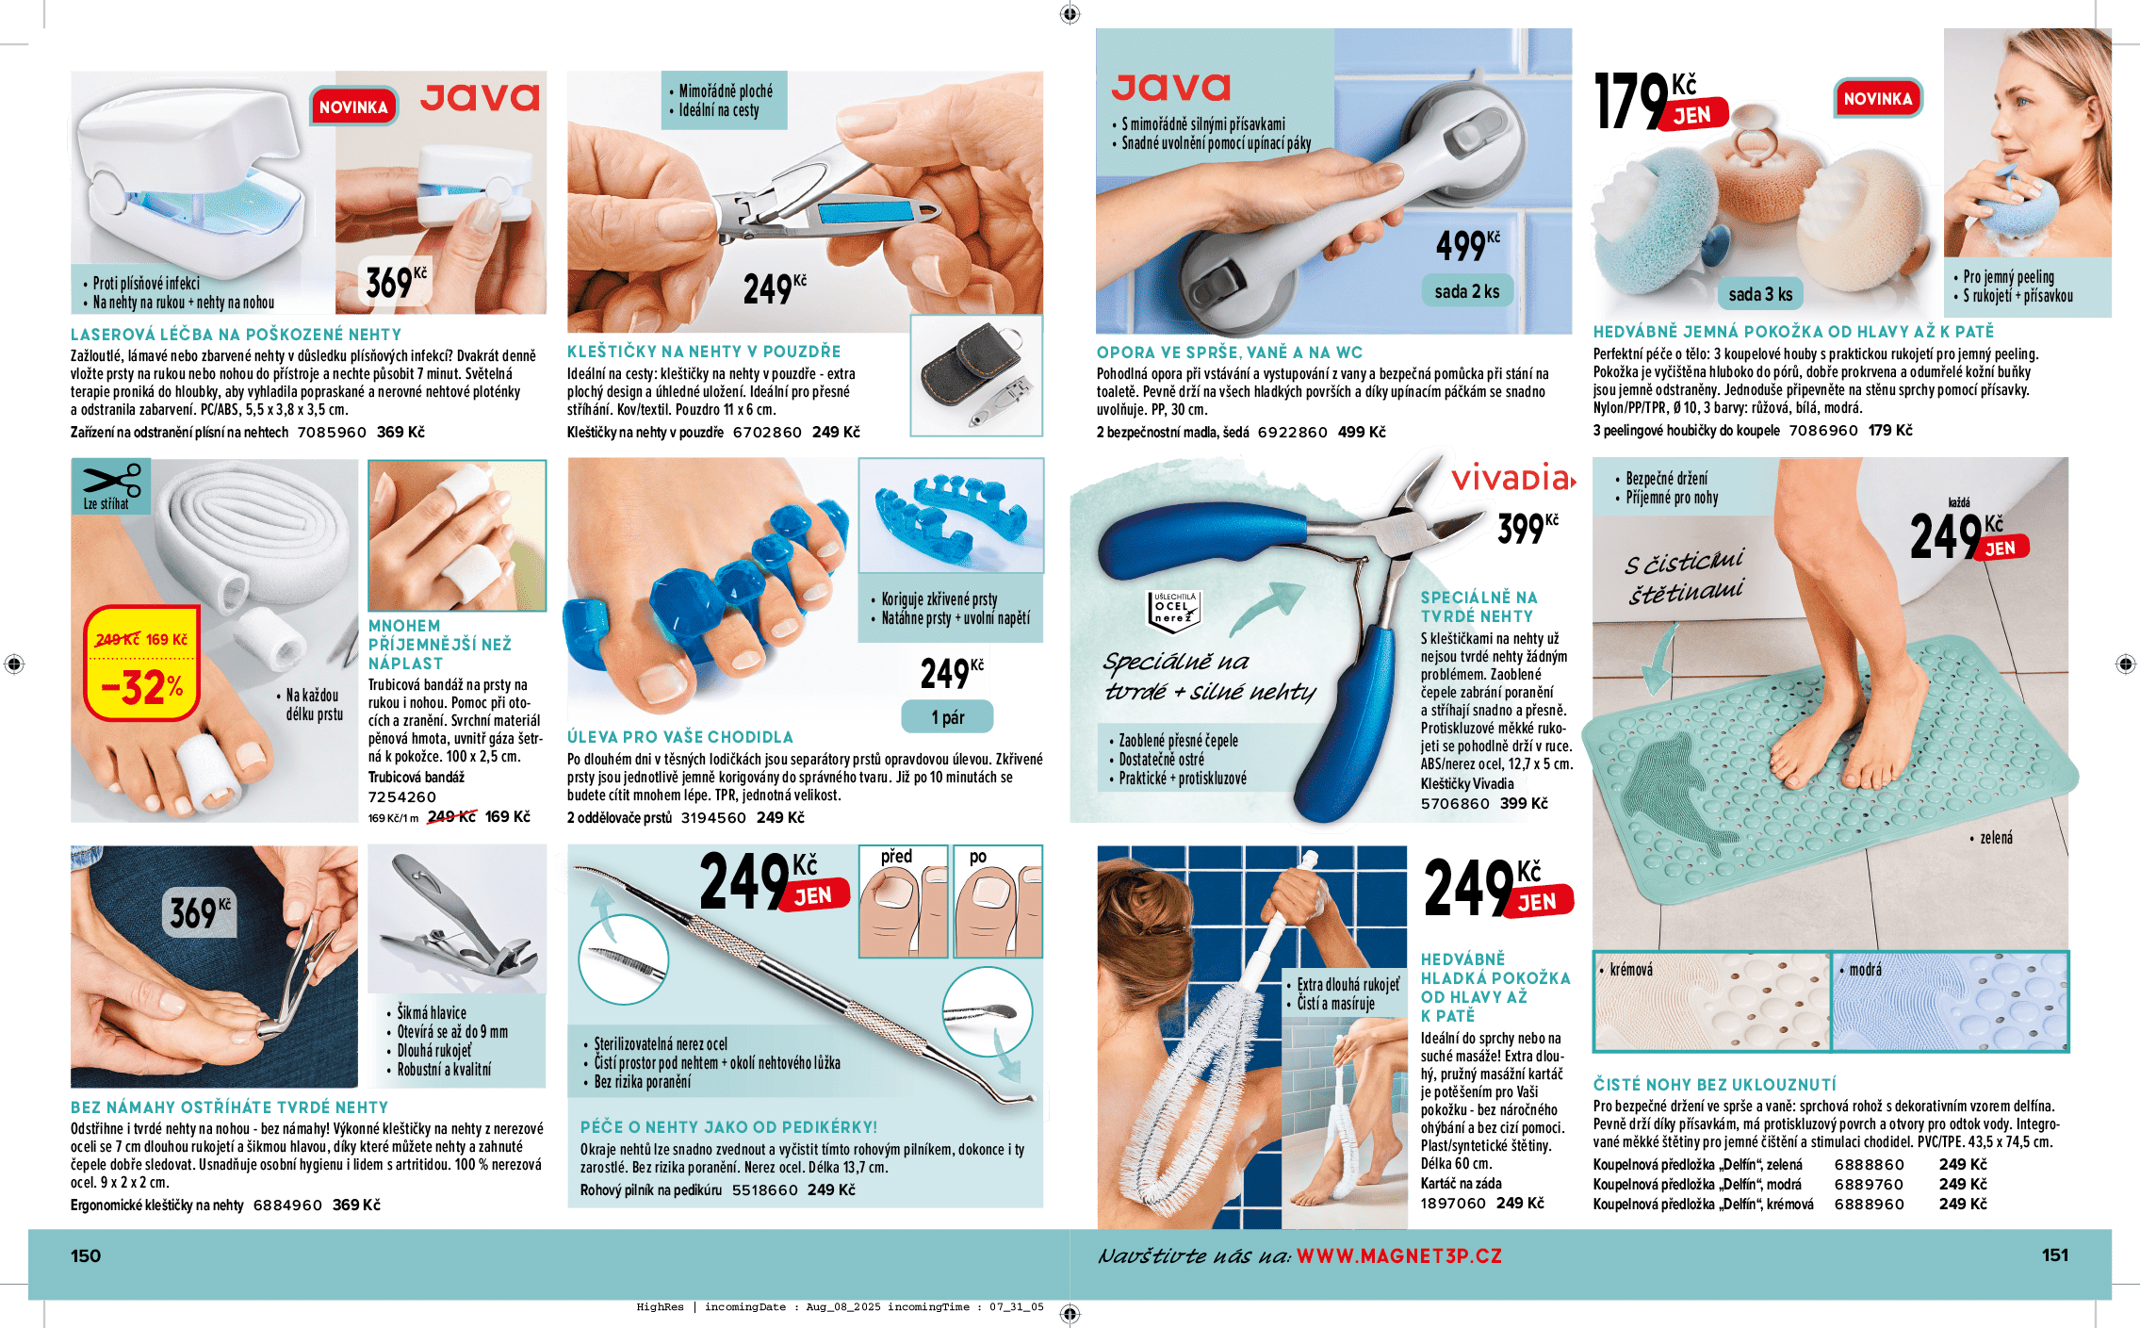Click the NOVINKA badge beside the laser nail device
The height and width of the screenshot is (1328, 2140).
tap(353, 107)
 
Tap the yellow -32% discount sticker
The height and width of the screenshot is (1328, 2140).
tap(141, 664)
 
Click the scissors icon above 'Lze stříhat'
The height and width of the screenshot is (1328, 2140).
tap(111, 480)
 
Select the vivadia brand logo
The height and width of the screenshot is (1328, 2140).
tap(1512, 479)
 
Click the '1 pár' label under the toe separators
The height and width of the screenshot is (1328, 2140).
tap(947, 717)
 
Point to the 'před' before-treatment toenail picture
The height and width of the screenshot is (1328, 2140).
tap(903, 902)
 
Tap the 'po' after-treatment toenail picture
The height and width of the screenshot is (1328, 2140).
tap(998, 902)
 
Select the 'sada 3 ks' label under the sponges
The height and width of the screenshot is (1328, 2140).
tap(1759, 294)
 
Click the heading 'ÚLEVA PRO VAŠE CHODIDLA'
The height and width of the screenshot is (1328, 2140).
tap(679, 737)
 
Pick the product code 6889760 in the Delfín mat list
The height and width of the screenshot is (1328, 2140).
tap(1869, 1184)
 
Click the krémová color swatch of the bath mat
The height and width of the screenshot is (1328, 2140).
tap(1710, 1001)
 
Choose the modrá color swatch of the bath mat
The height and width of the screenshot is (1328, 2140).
tap(1949, 1001)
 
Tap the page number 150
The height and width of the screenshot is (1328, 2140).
tap(86, 1255)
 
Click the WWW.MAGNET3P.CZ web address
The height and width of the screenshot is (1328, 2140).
tap(1398, 1255)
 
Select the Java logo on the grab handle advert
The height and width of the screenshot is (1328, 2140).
tap(1170, 88)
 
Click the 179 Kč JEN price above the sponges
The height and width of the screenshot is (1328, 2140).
tap(1658, 102)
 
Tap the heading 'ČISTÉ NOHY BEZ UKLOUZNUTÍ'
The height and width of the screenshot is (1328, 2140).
tap(1714, 1085)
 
